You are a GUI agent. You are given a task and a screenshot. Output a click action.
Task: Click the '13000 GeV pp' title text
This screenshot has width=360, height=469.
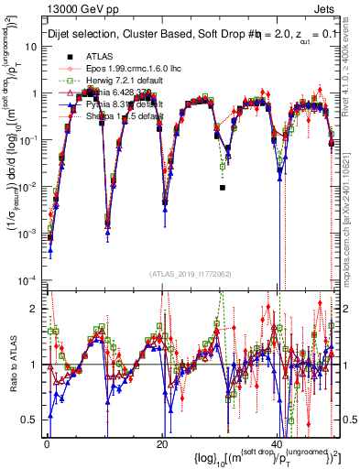[76, 9]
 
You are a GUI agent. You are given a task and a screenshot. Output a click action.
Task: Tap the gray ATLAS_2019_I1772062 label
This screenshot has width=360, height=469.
[189, 273]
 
